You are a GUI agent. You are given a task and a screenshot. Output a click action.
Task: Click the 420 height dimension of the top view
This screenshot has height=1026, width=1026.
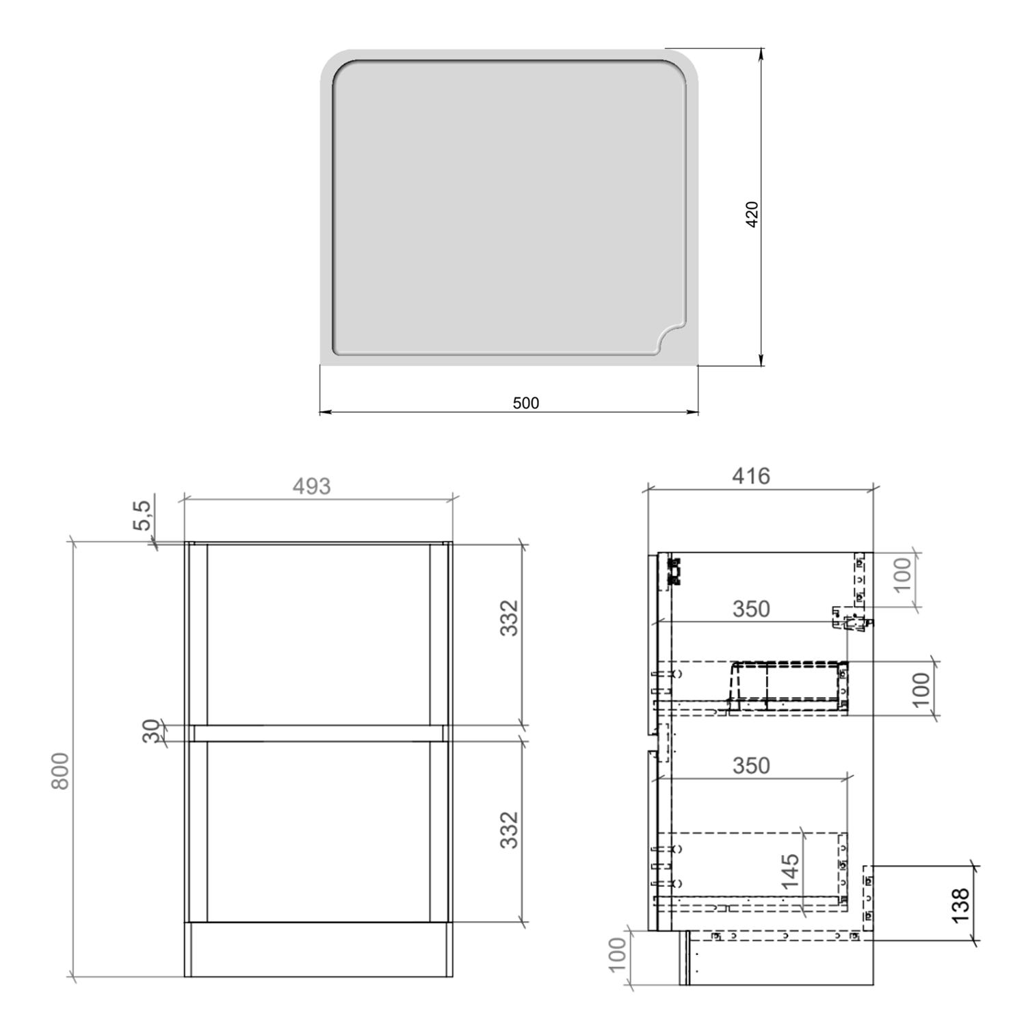[x=752, y=214]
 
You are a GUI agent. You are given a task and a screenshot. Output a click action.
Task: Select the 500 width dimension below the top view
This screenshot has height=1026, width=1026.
[x=525, y=403]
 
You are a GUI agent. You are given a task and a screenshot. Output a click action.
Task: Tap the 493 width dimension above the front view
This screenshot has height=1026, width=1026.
[x=311, y=486]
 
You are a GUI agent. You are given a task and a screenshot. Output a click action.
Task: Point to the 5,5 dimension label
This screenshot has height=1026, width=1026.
[x=142, y=515]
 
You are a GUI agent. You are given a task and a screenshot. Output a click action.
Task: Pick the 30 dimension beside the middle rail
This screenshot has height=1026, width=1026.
[x=152, y=731]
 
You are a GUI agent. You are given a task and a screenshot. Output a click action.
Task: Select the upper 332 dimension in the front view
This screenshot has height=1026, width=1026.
[x=509, y=618]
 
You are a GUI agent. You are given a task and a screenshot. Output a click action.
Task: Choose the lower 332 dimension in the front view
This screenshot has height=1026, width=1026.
[x=509, y=830]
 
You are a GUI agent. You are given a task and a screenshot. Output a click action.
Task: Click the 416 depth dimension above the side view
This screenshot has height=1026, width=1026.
[x=750, y=475]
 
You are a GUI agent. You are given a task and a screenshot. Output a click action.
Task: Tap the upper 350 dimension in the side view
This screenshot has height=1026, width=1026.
[x=750, y=609]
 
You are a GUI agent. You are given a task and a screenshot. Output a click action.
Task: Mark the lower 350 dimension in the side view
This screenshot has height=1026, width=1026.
[x=750, y=765]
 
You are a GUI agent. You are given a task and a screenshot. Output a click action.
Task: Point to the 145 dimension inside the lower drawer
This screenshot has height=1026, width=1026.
[x=790, y=871]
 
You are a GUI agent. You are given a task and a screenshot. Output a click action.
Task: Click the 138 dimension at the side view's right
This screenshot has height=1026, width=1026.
[x=960, y=904]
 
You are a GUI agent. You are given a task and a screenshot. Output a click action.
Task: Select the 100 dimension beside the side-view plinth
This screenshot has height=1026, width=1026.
[x=617, y=955]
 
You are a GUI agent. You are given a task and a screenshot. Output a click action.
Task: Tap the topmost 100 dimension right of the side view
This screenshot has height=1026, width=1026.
[x=903, y=575]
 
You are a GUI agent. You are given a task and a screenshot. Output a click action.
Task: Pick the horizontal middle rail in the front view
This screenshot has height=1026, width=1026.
[x=318, y=733]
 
